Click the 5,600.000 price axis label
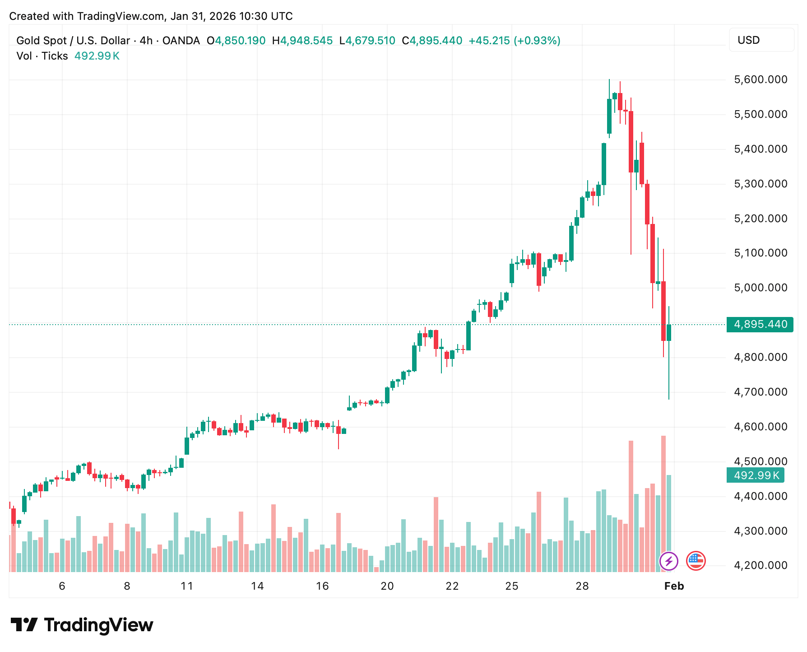(761, 80)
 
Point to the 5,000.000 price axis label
(761, 288)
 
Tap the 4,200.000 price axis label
(761, 565)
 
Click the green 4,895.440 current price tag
(760, 324)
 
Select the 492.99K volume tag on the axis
(756, 475)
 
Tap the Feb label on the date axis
(674, 586)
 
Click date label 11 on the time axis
(187, 586)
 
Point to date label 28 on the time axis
(582, 586)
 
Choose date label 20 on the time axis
(387, 586)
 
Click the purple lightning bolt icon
(668, 561)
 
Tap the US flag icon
(696, 561)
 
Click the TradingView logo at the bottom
(82, 625)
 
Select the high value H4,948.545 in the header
(302, 41)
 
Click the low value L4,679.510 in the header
(367, 41)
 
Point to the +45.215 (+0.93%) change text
(514, 41)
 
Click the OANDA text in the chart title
(181, 41)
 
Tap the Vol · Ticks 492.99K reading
(68, 56)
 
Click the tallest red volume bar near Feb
(663, 503)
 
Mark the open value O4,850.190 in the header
(236, 41)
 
